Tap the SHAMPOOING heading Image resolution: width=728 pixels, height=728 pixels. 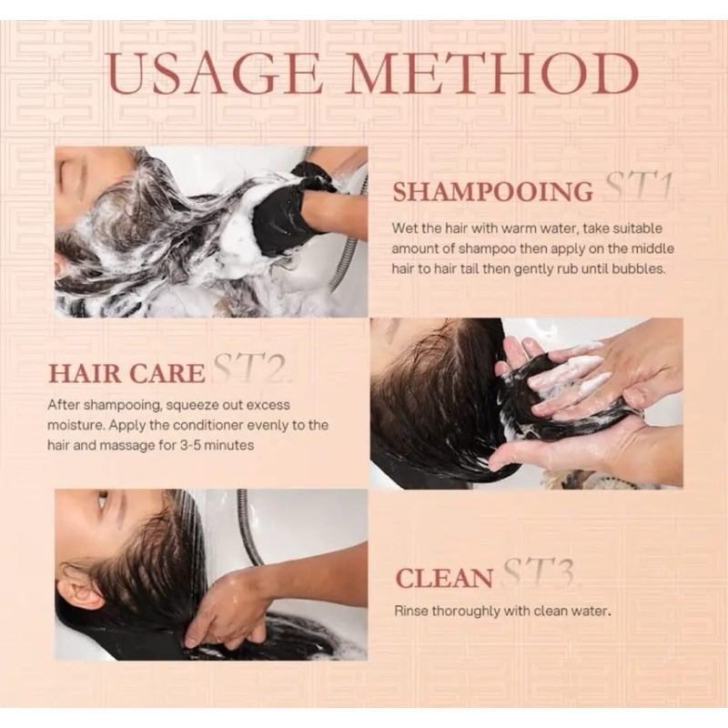[492, 191]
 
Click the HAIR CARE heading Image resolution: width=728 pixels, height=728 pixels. [126, 373]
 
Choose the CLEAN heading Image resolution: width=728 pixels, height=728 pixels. [444, 579]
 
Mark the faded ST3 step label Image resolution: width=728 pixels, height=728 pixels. [539, 572]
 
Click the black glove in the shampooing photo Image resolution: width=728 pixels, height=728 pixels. [288, 208]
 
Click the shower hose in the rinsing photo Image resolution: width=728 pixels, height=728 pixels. [248, 527]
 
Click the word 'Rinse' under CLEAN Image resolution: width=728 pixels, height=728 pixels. [410, 611]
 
